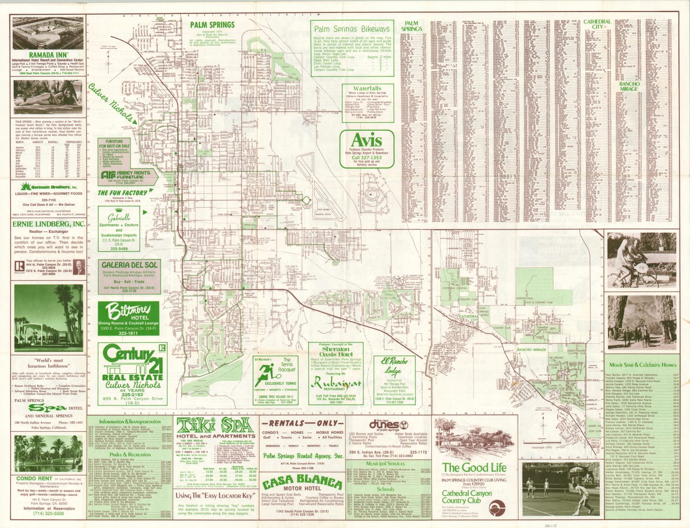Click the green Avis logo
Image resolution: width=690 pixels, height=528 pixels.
tap(367, 140)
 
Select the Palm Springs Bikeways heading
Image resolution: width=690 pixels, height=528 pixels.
tap(352, 29)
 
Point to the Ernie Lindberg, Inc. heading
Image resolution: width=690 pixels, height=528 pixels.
tap(48, 224)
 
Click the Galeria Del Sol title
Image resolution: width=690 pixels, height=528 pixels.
tap(129, 265)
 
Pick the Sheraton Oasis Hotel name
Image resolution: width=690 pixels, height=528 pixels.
tap(335, 352)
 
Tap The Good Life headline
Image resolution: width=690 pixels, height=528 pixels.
tap(474, 468)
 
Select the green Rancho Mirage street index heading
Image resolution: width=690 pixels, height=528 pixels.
tap(629, 87)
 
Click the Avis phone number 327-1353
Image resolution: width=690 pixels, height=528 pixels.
tap(367, 157)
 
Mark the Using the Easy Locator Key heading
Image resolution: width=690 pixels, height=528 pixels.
tap(215, 496)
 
